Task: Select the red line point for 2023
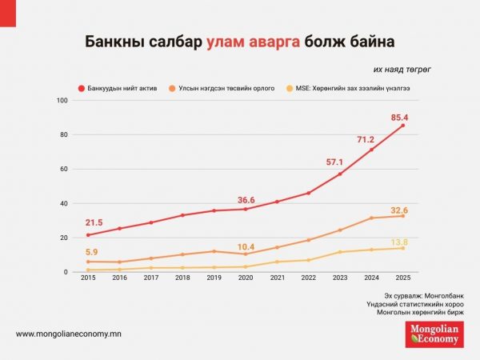point(340,174)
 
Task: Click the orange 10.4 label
point(246,246)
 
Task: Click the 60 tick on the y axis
point(64,170)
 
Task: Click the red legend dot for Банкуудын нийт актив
point(82,87)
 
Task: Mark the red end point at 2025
point(402,126)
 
